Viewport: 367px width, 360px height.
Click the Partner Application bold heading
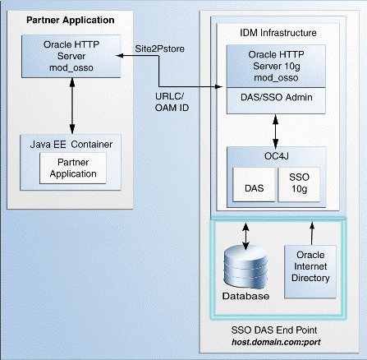(71, 21)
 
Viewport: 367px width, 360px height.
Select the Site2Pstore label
(159, 48)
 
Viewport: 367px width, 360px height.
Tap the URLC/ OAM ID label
(172, 102)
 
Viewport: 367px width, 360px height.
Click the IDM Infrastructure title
(278, 33)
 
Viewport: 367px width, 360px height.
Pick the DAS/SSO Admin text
(277, 97)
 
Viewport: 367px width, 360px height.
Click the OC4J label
(277, 156)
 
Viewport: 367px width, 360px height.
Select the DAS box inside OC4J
(254, 185)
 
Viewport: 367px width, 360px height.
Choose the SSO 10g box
(299, 185)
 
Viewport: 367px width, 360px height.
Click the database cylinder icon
(245, 267)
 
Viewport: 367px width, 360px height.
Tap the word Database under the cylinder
(245, 296)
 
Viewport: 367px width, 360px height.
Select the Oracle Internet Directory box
(310, 271)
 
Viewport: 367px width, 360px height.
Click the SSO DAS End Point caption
(274, 330)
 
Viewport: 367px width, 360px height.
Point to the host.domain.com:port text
(276, 342)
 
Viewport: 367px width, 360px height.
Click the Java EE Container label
(71, 145)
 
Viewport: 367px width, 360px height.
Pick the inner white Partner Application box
(73, 168)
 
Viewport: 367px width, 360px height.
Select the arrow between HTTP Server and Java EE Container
(72, 106)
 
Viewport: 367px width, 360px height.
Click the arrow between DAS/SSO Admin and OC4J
(276, 132)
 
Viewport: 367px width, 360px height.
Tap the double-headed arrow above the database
(245, 236)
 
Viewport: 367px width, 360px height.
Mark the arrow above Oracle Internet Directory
(312, 233)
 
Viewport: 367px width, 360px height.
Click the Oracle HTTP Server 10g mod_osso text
(276, 66)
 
